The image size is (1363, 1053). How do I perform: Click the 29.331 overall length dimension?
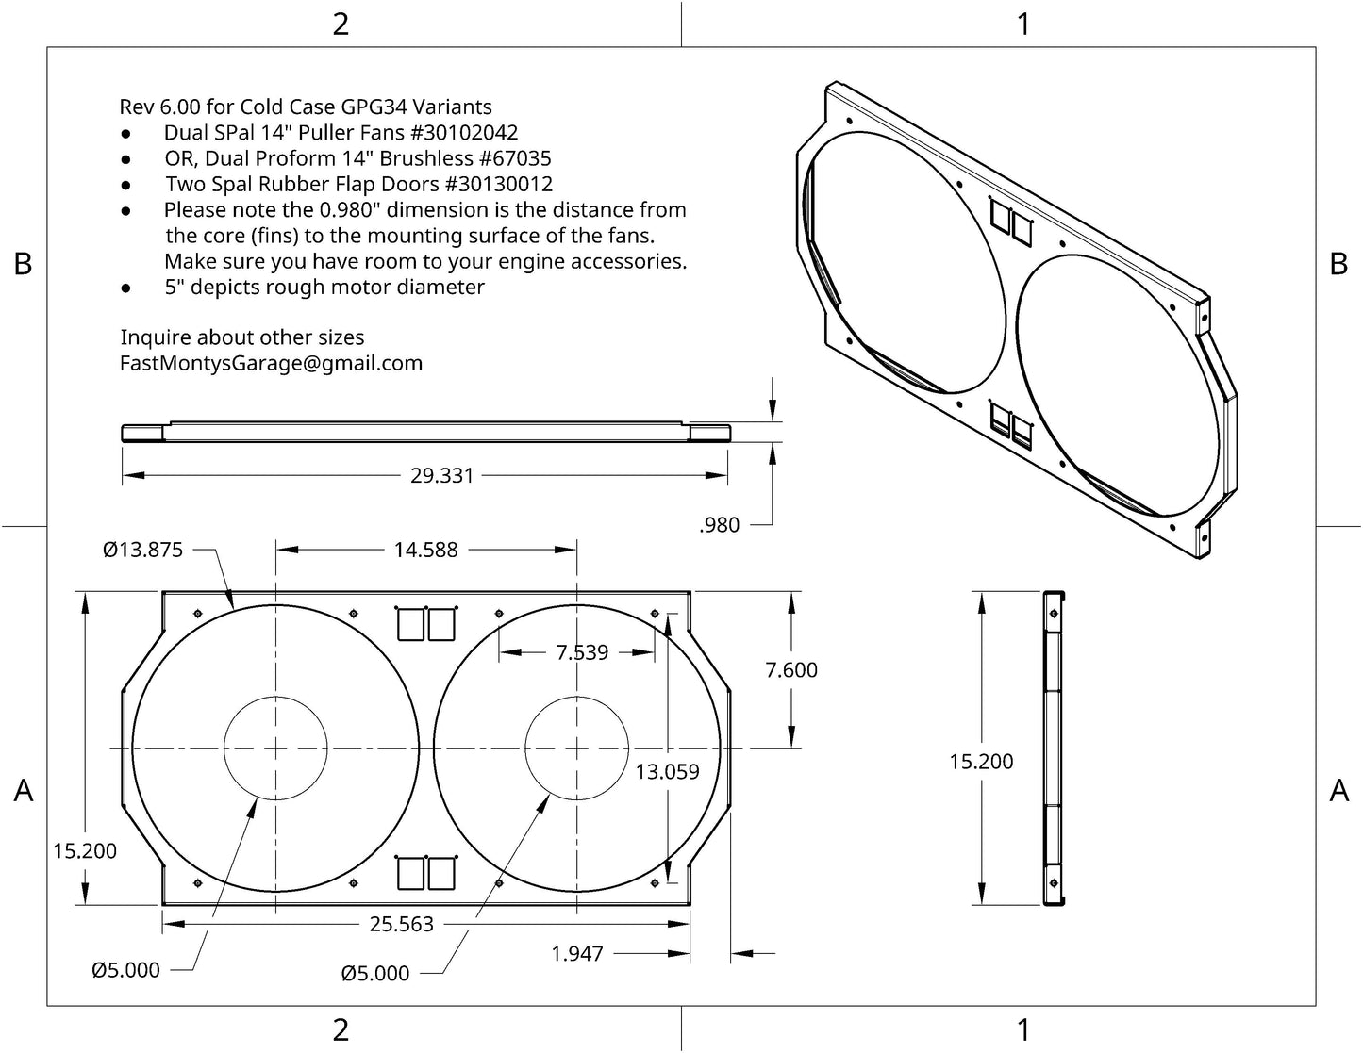coord(441,476)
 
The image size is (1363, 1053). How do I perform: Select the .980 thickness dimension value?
coord(720,526)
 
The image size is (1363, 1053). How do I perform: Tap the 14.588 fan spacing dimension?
coord(425,550)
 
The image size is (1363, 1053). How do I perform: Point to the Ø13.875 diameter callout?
coord(142,550)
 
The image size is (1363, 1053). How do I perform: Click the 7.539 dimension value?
coord(582,652)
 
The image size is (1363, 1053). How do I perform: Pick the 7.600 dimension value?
coord(791,670)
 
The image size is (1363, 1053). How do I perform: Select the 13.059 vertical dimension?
coord(667,772)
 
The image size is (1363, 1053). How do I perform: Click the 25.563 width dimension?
coord(402,925)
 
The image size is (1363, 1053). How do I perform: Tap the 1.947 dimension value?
coord(577,954)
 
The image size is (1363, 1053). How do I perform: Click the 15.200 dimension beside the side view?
coord(981,762)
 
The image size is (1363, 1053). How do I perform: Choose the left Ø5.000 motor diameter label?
coord(125,970)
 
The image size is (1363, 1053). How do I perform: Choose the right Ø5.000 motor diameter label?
coord(375,974)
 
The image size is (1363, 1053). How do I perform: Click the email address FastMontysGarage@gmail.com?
coord(271,364)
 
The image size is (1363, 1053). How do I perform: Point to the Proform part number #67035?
coord(514,158)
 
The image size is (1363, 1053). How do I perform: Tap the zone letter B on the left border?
coord(23,265)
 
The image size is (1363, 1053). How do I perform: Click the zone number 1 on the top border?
coord(1023,24)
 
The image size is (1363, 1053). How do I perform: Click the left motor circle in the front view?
coord(274,748)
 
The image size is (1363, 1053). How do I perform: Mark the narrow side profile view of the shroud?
coord(1054,749)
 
